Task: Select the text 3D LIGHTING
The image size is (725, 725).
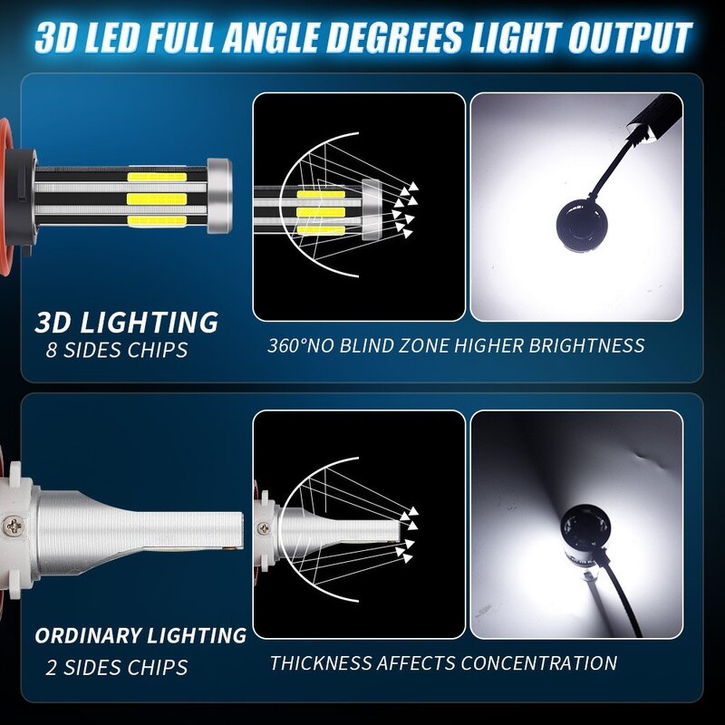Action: [127, 322]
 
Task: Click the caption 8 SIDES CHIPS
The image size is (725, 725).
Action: [117, 349]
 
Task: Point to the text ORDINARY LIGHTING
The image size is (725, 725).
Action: [140, 635]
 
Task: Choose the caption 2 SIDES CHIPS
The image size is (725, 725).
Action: [117, 668]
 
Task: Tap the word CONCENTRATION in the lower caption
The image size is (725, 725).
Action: [538, 662]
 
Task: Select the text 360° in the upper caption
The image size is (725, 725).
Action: [288, 345]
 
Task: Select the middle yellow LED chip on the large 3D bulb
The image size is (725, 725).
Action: [157, 198]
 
